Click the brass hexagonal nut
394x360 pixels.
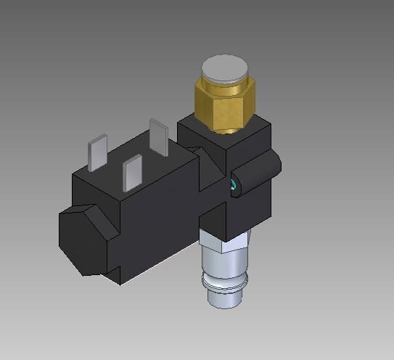[x=224, y=105]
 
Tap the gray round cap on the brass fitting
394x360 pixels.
[x=224, y=69]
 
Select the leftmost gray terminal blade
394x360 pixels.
[x=97, y=155]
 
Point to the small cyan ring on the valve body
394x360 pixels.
[x=233, y=186]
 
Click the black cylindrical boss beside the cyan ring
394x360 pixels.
[x=258, y=173]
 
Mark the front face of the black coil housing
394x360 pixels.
[x=156, y=232]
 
